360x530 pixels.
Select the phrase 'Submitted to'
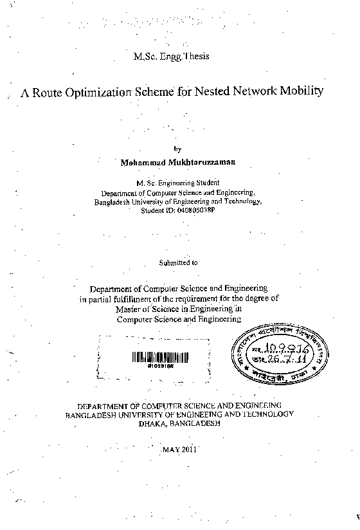[178, 262]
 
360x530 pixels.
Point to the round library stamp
[280, 352]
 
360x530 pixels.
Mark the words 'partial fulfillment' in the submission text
[120, 298]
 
